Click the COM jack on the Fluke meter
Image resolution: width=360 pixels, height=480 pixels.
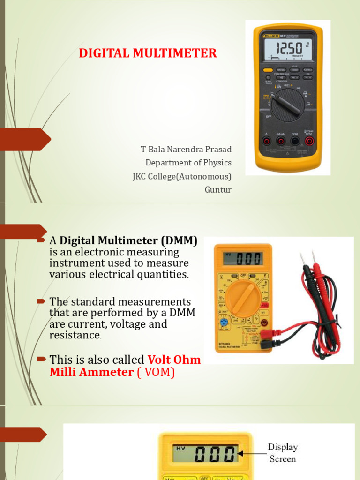tap(295, 141)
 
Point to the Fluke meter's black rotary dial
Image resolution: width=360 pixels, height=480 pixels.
tap(287, 105)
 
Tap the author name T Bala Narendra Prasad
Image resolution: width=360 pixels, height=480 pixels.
tap(186, 150)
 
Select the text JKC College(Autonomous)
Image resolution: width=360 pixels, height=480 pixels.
tap(182, 176)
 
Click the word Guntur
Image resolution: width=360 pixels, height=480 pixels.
tap(218, 189)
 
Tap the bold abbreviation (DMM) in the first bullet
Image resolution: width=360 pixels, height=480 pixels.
tap(179, 241)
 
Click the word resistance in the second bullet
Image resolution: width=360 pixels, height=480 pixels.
tap(75, 335)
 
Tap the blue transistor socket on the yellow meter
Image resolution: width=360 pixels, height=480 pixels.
tap(224, 323)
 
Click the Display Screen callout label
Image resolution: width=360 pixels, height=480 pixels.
tap(283, 453)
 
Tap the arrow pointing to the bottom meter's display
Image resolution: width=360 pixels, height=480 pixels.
tap(251, 453)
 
